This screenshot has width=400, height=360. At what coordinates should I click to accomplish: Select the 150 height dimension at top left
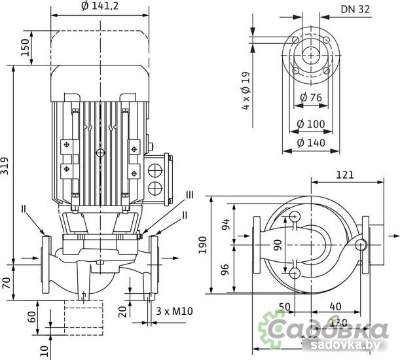coord(26,46)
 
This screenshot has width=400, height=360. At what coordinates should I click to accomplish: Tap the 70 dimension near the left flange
coord(7,283)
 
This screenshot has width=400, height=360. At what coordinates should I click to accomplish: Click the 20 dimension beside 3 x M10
coord(122,311)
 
